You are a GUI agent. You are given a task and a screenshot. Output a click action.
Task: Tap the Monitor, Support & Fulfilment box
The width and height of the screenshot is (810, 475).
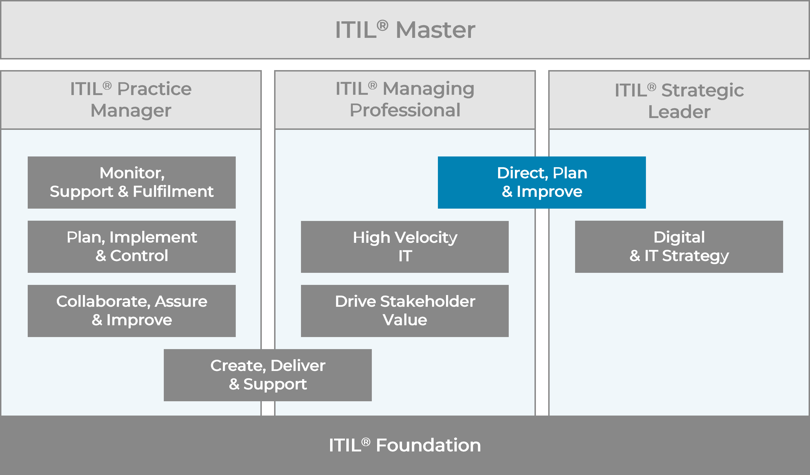click(132, 183)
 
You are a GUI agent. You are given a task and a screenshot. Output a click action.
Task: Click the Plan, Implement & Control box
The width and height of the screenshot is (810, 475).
click(132, 246)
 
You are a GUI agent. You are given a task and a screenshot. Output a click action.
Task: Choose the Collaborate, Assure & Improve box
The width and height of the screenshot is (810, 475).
click(132, 311)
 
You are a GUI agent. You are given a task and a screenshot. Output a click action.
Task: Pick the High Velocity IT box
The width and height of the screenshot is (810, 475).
click(405, 247)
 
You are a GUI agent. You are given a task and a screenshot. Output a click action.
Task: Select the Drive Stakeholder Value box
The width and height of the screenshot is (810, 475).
click(405, 311)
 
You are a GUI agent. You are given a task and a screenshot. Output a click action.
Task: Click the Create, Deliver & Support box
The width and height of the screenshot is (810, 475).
click(267, 375)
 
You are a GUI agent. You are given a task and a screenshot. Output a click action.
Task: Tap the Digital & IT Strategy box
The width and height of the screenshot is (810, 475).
click(679, 246)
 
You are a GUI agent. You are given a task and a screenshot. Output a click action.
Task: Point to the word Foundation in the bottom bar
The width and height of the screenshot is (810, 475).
click(428, 445)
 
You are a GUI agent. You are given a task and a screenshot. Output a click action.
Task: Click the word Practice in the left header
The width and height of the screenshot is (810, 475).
click(154, 89)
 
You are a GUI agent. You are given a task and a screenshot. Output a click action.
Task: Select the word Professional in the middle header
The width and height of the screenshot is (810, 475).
click(405, 110)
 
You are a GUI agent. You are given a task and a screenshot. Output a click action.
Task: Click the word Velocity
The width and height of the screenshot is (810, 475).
click(426, 238)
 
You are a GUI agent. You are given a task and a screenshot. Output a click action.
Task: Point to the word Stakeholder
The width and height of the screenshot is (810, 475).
click(428, 301)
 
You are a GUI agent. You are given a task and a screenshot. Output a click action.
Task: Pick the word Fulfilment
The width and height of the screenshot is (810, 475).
click(173, 192)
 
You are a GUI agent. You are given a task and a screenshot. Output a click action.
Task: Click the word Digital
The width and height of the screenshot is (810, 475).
click(679, 237)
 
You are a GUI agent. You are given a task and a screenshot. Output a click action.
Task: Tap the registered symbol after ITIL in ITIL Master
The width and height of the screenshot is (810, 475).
click(382, 25)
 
